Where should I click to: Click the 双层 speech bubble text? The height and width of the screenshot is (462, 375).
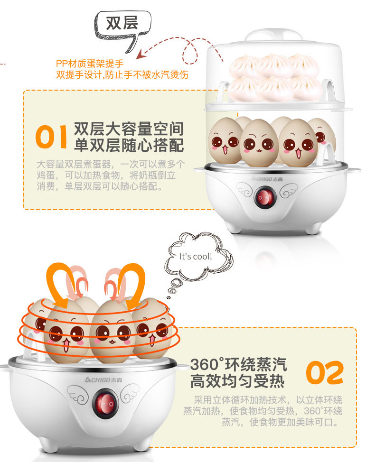[x=122, y=23]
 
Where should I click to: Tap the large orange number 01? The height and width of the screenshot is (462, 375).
[x=51, y=137]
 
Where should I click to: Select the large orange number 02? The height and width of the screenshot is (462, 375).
[x=325, y=373]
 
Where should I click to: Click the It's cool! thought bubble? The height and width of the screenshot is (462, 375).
[x=196, y=256]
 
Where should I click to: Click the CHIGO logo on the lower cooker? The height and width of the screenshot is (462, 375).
[x=103, y=380]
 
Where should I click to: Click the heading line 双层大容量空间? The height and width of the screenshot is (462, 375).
[x=129, y=129]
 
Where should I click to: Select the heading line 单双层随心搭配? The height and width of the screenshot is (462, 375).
[x=129, y=145]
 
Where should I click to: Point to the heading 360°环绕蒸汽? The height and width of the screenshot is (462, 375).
[x=238, y=364]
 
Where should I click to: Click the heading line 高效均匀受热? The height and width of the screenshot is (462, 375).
[x=237, y=381]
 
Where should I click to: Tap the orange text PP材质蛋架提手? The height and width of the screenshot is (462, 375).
[x=90, y=64]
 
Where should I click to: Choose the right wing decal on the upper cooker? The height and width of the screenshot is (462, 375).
[x=289, y=190]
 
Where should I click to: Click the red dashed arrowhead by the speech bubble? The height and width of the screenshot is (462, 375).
[x=141, y=54]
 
